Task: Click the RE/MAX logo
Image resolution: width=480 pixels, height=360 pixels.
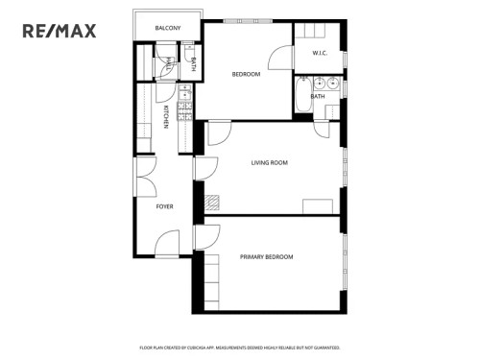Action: tap(60, 31)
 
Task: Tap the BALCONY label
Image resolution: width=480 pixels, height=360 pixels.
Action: tap(168, 28)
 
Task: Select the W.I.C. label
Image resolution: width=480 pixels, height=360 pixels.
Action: tap(320, 54)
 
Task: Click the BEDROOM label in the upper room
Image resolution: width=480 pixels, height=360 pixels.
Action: tap(246, 74)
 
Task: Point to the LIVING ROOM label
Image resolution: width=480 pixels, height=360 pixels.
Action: tap(269, 162)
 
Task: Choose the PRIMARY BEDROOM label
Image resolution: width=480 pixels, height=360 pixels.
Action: tap(266, 256)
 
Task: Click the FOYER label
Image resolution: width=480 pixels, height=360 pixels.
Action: tap(165, 206)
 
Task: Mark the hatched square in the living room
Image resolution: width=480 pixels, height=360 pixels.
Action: tap(211, 202)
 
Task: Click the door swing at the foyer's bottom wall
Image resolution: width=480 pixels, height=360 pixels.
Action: tap(168, 243)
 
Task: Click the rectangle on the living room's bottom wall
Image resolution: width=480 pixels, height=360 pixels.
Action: tap(316, 207)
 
